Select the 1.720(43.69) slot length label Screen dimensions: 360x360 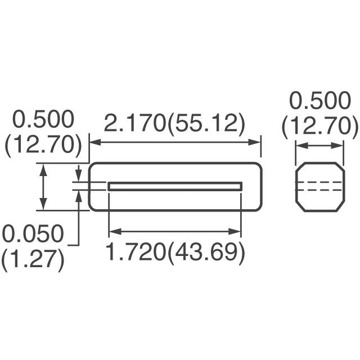[x=175, y=254]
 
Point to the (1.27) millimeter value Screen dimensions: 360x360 [x=33, y=260]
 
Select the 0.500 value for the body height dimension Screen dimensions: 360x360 [x=43, y=120]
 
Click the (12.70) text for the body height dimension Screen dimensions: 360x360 [x=43, y=145]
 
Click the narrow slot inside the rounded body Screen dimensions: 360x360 [x=175, y=186]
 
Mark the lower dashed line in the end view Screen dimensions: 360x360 [x=319, y=191]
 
